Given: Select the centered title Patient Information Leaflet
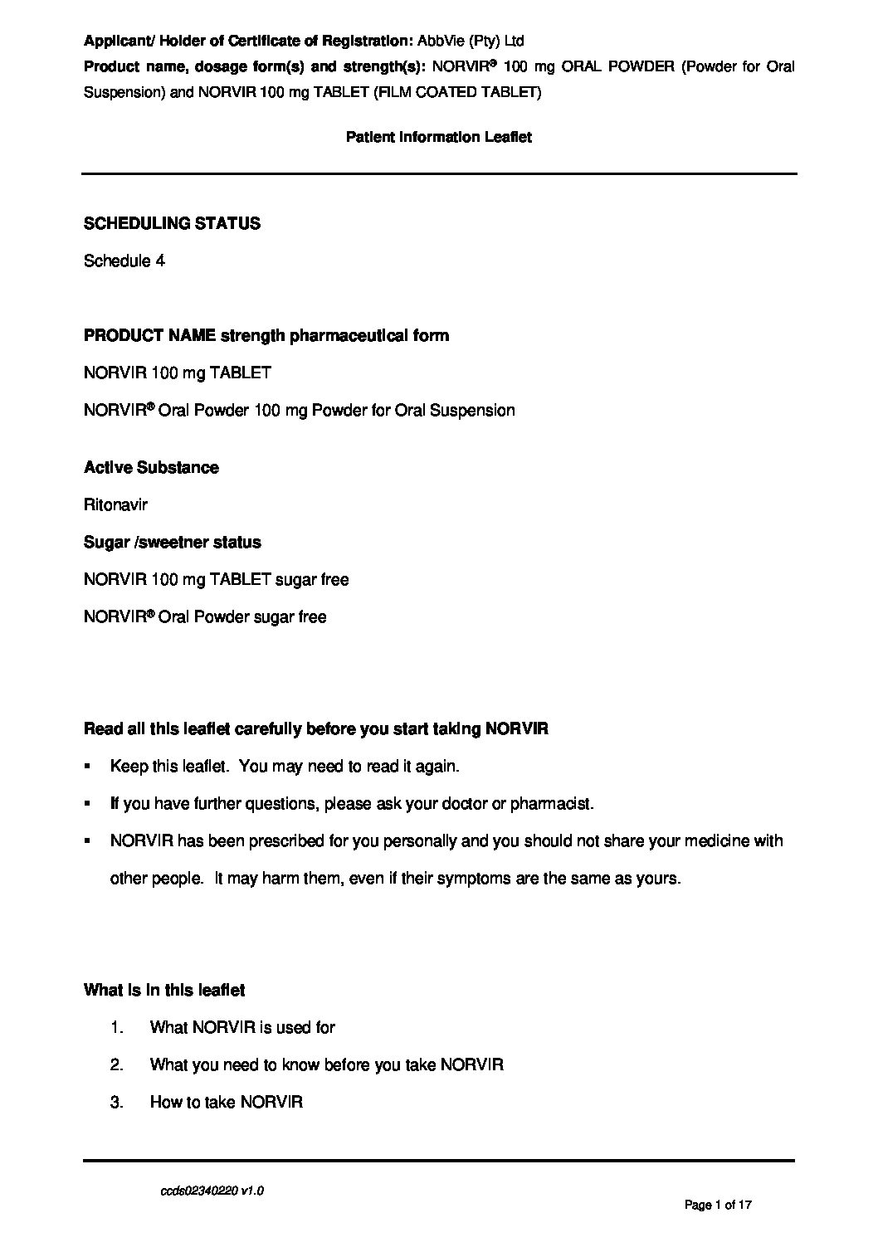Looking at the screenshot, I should tap(438, 137).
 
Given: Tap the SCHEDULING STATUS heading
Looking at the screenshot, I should tap(172, 223).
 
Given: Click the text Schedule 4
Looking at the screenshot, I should tap(124, 261).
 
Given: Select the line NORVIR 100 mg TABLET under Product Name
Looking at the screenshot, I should tap(177, 373).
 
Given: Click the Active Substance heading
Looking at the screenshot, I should tap(151, 467).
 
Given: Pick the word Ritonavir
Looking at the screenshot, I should tap(115, 504).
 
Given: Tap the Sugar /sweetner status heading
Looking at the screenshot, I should tap(172, 542).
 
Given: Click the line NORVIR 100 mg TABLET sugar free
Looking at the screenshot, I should tap(216, 579).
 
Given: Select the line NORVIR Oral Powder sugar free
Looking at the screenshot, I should tap(205, 616).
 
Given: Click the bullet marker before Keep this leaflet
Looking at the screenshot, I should tap(87, 767).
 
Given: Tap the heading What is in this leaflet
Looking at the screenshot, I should tap(164, 990).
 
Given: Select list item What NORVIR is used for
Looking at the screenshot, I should tap(242, 1027).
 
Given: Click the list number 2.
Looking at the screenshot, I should tap(116, 1064).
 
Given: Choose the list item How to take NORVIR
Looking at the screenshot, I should tap(226, 1102).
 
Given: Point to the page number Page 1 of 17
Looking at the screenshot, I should tap(718, 1205).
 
